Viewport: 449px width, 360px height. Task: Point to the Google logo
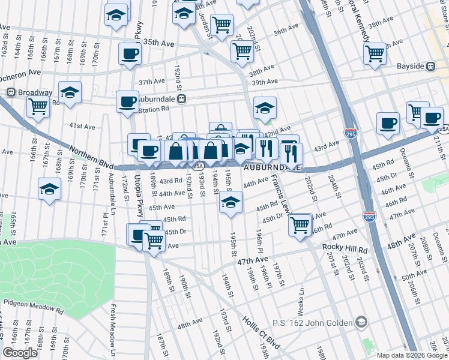tap(20, 353)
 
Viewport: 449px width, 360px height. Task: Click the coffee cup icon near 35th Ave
tap(130, 54)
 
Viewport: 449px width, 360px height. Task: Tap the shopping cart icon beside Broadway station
tap(38, 107)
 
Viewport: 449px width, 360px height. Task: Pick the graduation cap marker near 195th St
tap(230, 203)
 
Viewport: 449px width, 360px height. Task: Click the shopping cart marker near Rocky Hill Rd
tap(300, 226)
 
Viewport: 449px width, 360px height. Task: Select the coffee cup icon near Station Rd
tap(127, 101)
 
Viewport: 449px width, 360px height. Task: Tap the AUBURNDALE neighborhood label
tap(271, 168)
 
